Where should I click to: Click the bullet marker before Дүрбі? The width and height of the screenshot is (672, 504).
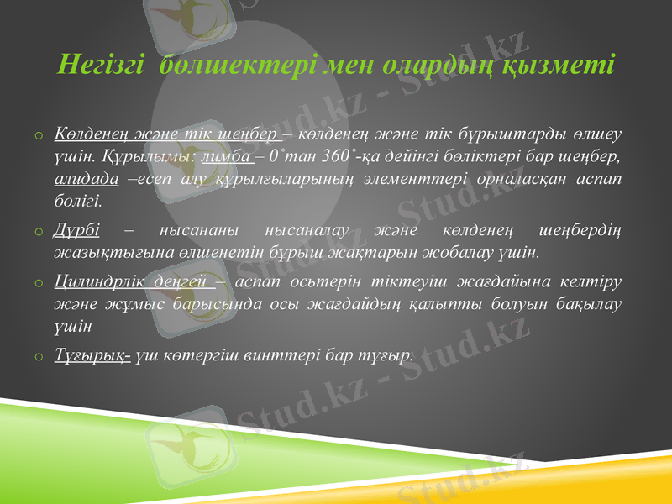click(x=39, y=230)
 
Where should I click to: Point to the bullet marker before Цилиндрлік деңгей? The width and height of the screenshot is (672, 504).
click(x=39, y=282)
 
